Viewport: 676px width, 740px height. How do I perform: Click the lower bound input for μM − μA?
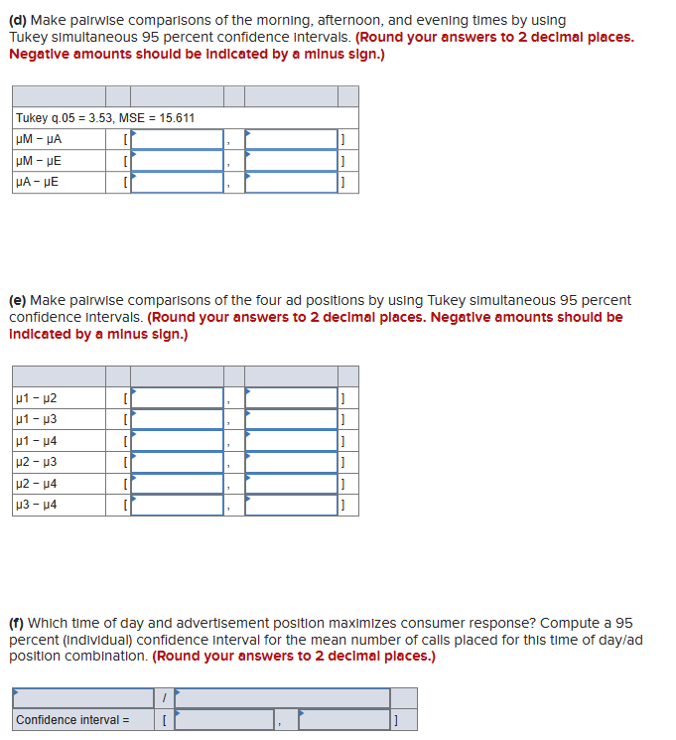point(178,139)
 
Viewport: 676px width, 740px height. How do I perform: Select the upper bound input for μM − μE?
point(291,161)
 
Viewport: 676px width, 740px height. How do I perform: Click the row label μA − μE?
point(38,183)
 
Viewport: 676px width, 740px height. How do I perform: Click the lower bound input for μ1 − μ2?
point(178,398)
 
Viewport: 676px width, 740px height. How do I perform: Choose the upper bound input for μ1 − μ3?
point(291,419)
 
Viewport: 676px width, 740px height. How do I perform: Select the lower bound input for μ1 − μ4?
point(178,441)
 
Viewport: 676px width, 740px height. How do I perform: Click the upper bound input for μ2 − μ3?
point(291,462)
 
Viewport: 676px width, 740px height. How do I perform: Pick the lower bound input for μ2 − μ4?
point(178,484)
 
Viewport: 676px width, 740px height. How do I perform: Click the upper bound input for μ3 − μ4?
point(291,505)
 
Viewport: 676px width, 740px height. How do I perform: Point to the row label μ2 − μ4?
point(37,484)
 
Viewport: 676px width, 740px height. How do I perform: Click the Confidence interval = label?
point(72,720)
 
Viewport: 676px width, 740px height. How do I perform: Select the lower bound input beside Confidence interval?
point(224,720)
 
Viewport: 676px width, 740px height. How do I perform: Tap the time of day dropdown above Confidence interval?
point(82,698)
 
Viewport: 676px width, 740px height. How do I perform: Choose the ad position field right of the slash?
point(282,698)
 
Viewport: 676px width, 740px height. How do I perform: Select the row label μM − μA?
point(38,140)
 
